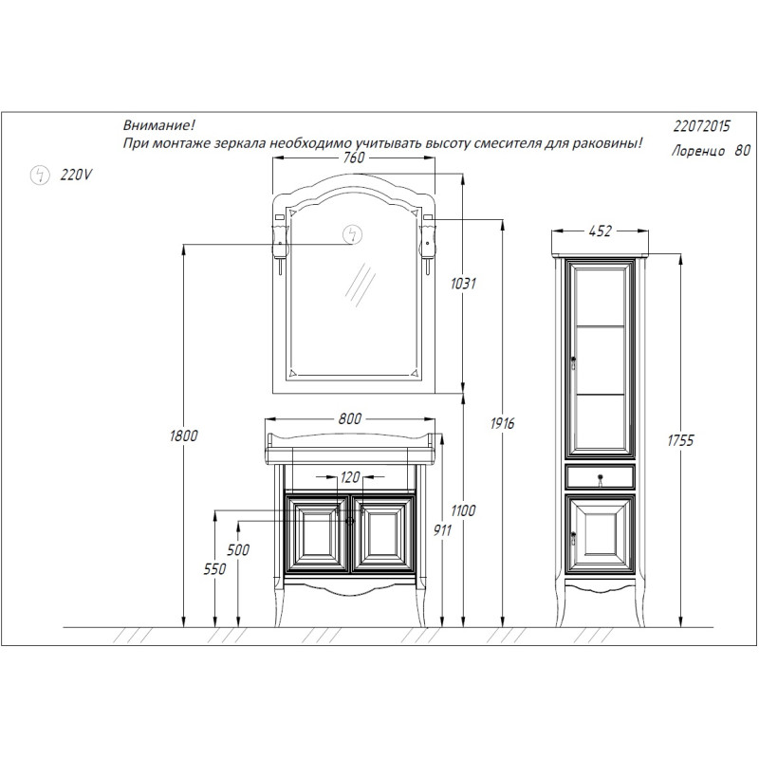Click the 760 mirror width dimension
coord(353,157)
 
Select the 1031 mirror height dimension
coord(463,283)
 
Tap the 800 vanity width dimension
coord(349,418)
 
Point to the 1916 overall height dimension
coord(502,423)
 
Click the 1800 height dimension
coord(183,435)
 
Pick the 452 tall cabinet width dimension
coord(600,231)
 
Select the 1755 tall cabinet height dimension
coord(680,440)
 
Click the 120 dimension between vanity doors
coord(350,478)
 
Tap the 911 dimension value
coord(442,530)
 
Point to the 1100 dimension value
coord(463,510)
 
